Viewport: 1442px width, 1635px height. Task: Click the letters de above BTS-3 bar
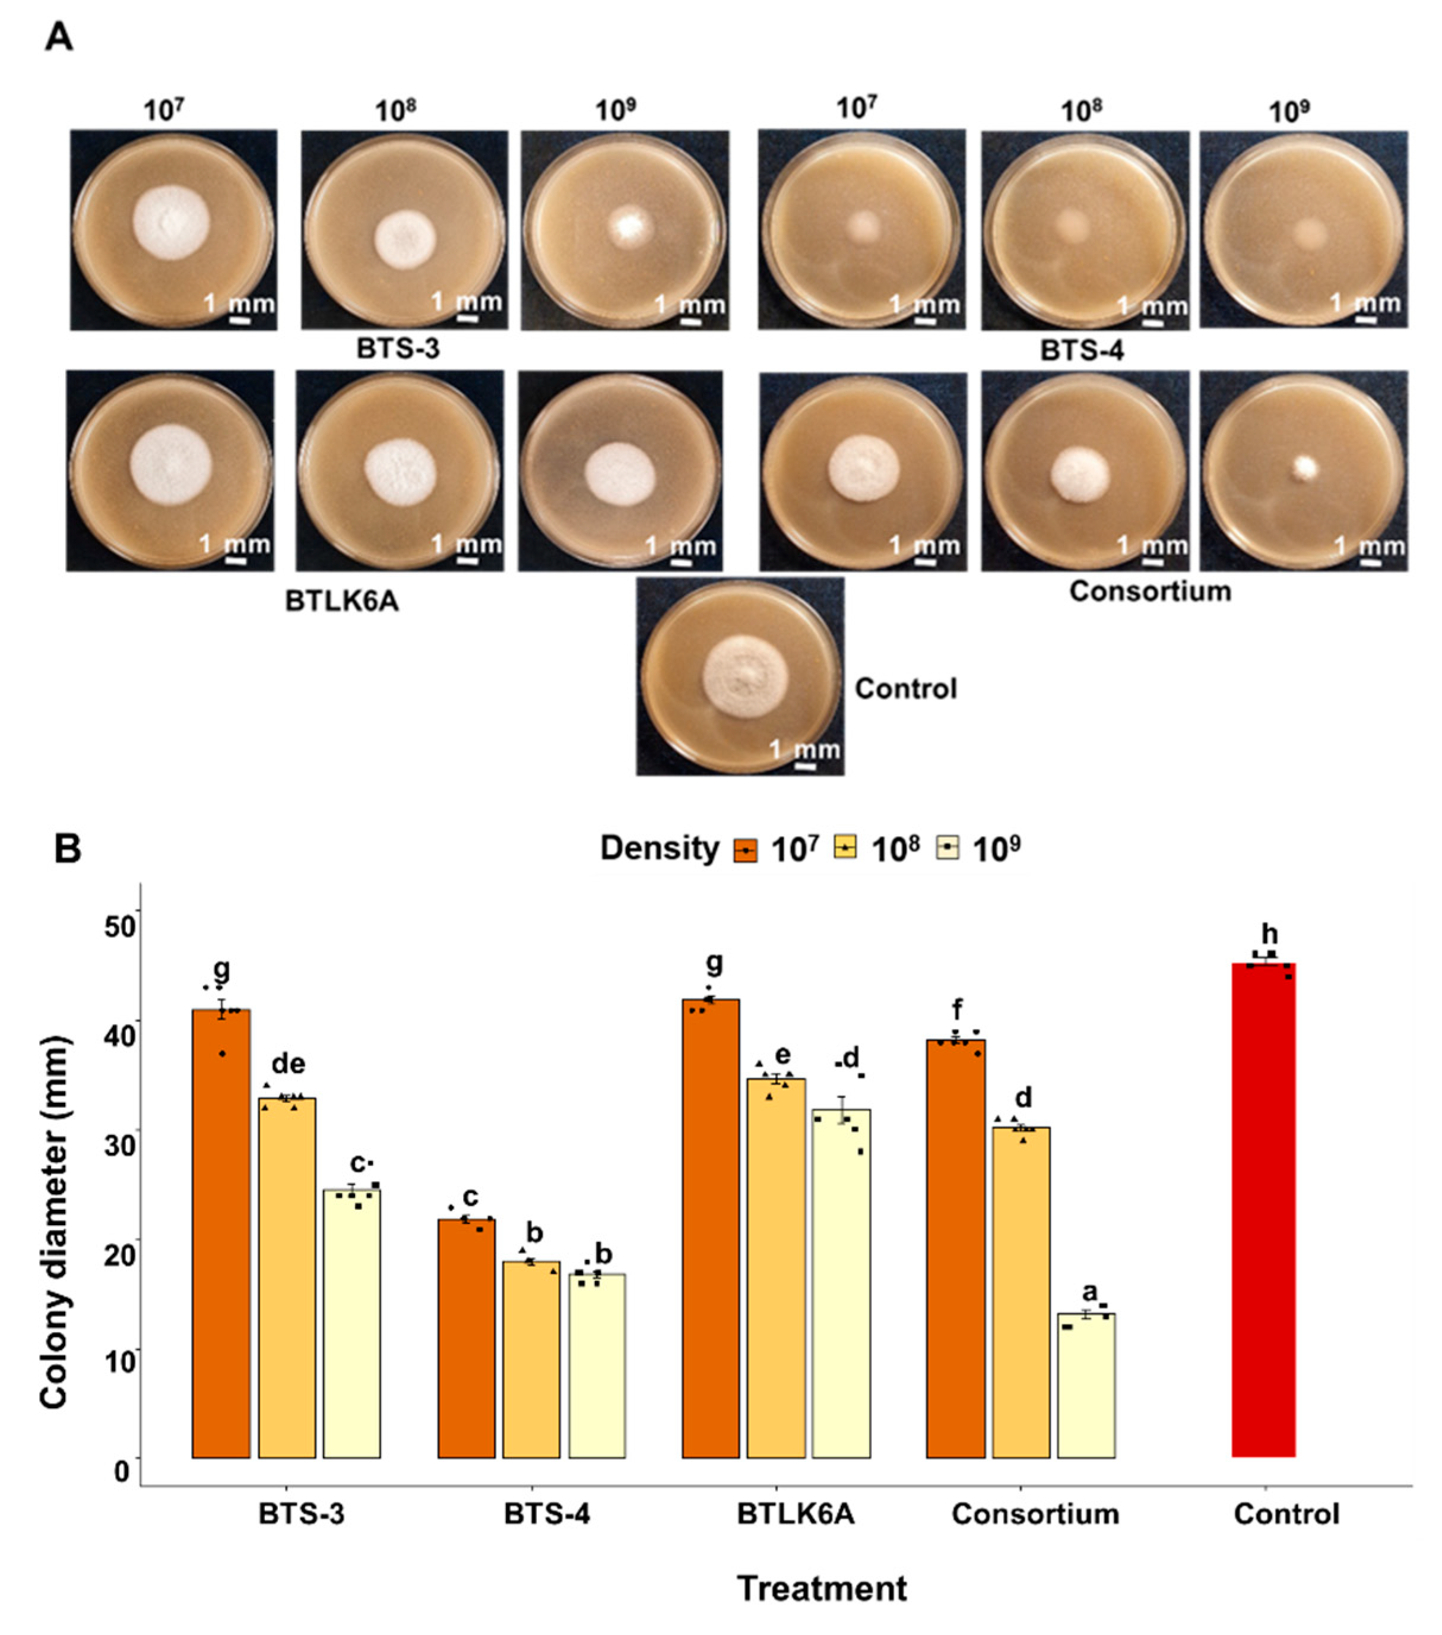click(x=288, y=1064)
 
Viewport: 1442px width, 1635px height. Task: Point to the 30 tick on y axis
click(x=120, y=1144)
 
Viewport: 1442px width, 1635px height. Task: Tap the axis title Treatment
click(x=822, y=1588)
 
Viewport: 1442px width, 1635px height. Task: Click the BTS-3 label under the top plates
click(x=398, y=349)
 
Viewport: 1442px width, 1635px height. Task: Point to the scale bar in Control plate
click(x=806, y=766)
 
